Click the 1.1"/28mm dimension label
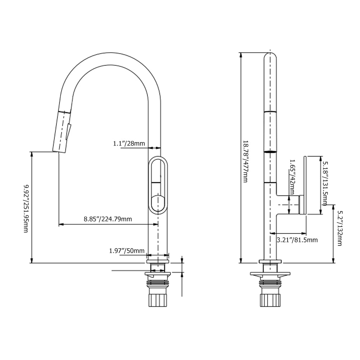(x=129, y=144)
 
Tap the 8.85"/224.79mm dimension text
(x=108, y=219)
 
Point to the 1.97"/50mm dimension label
(x=127, y=251)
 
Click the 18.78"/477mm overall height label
(x=246, y=161)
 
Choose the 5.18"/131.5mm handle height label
(x=325, y=183)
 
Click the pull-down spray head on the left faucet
(x=61, y=132)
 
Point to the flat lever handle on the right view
(x=305, y=185)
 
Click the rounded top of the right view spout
(x=270, y=56)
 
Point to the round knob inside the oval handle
(x=158, y=202)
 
